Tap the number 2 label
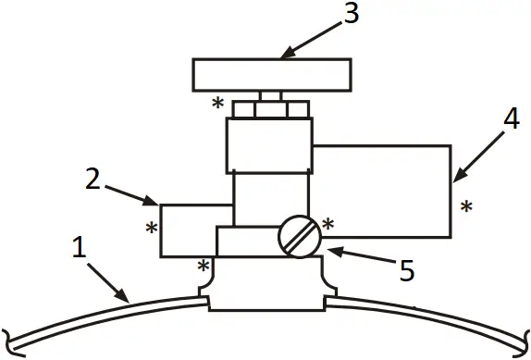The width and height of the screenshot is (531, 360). [93, 179]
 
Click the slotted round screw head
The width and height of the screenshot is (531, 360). [299, 236]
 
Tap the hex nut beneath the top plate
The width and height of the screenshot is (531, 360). [271, 109]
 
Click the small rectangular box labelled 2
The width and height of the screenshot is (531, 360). [195, 229]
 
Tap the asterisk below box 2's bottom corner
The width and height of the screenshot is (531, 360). [203, 267]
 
